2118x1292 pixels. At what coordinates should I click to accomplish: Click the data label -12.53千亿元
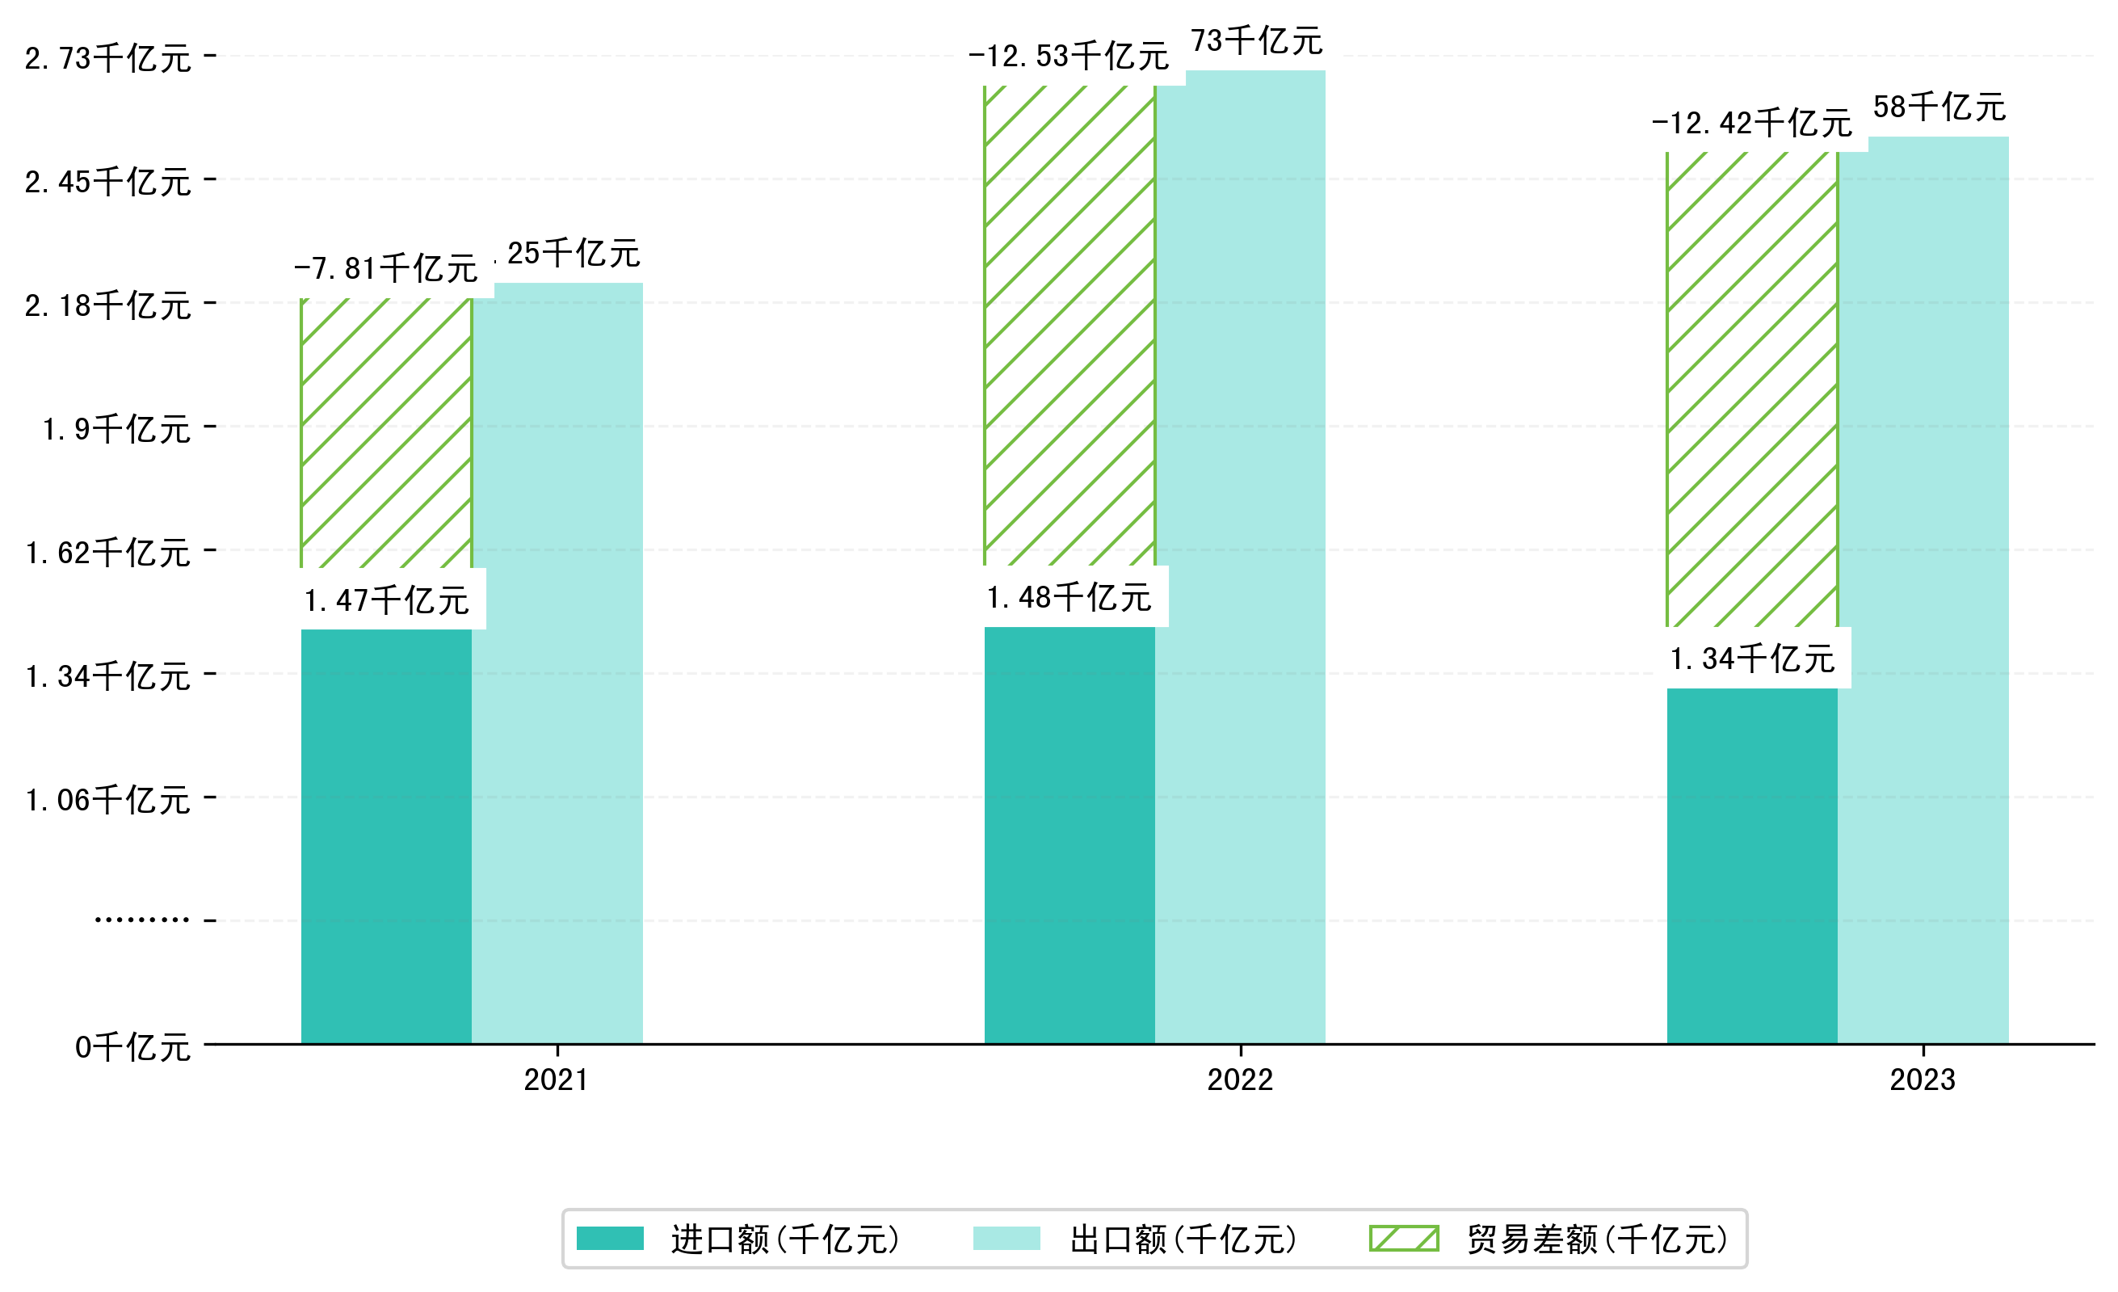pos(1069,57)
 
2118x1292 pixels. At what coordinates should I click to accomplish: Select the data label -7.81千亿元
pos(386,269)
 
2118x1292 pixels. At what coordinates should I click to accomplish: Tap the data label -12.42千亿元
pos(1752,124)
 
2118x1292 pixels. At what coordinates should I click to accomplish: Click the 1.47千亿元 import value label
pos(386,600)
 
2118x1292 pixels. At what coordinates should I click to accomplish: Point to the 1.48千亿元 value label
pos(1069,597)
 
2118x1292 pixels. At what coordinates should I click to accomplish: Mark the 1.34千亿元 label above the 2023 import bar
pos(1752,659)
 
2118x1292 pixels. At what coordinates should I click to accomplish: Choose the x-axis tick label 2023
pos(1922,1079)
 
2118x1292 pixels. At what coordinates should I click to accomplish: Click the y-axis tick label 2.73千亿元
pos(108,58)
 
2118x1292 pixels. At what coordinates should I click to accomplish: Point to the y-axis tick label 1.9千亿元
pos(117,428)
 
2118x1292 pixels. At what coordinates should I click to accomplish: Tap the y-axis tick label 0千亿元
pos(133,1047)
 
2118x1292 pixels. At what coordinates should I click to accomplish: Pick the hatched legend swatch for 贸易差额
pos(1404,1239)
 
